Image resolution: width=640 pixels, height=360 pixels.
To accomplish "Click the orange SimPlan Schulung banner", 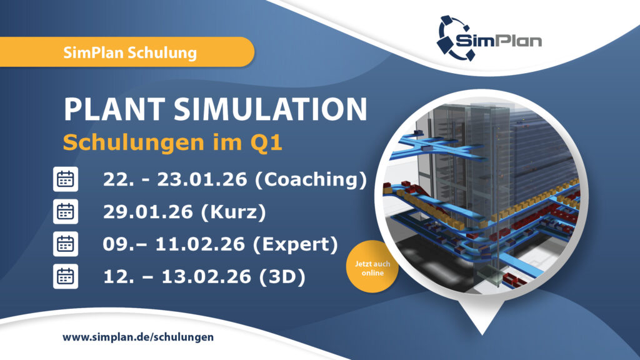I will coord(129,52).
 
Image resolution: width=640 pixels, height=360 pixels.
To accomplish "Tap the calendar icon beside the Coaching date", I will coord(66,180).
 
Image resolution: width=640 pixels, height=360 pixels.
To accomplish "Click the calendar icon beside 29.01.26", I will coord(66,212).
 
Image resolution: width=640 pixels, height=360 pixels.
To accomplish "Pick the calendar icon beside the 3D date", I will coord(66,276).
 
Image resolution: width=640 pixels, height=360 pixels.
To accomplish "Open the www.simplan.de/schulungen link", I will coord(138,337).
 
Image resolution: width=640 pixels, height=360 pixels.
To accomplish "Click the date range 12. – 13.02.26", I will coord(177,276).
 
